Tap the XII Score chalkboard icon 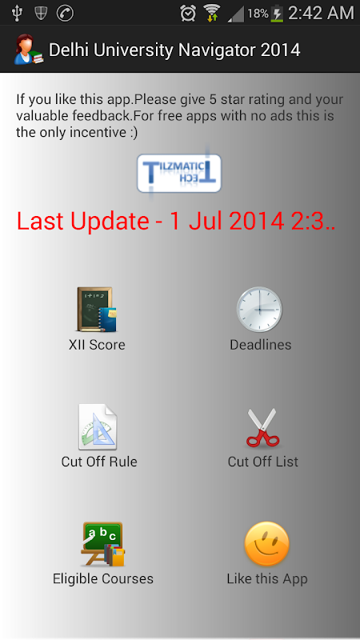point(97,310)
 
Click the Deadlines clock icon point(259,310)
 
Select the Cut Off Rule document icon point(98,427)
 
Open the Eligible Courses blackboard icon point(103,544)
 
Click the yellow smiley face point(266,544)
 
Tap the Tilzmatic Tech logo point(179,173)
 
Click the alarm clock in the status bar point(188,14)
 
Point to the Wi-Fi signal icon point(212,13)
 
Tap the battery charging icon point(277,14)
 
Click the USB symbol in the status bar point(17,13)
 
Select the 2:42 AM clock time point(322,14)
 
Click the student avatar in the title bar point(28,50)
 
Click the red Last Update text point(176,222)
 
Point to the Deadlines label point(261,345)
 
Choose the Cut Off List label point(263,462)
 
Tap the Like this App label point(267,579)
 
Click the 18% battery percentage point(258,14)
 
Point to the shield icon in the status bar point(41,14)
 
